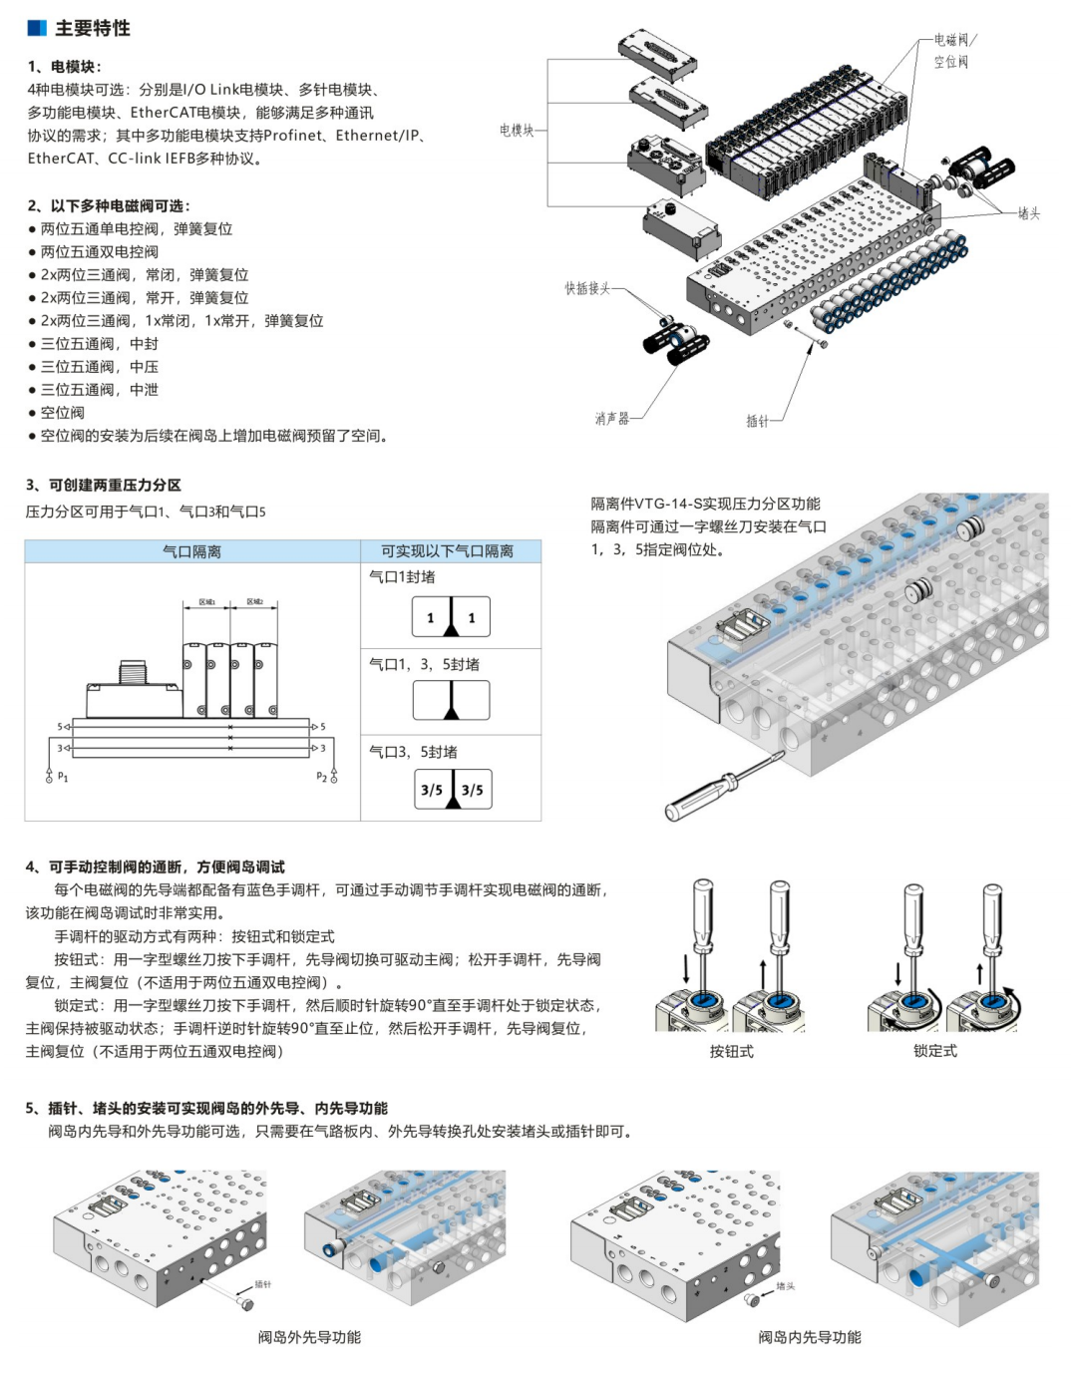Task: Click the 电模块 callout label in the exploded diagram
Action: pos(517,130)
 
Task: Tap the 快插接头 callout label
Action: pos(587,288)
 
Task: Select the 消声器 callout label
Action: pos(612,419)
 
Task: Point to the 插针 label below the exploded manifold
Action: pos(758,421)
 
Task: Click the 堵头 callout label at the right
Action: pos(1028,213)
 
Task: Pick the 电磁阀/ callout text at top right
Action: pos(955,40)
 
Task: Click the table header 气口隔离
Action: pos(191,551)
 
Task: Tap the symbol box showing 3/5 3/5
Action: pos(452,790)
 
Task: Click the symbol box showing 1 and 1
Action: pos(451,617)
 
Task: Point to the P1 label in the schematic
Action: pos(63,777)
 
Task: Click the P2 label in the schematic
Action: pos(321,777)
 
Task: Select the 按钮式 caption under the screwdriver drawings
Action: pos(731,1051)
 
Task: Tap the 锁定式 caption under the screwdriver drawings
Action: pos(934,1051)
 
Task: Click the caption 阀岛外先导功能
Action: pos(309,1337)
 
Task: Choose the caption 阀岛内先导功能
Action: pos(809,1337)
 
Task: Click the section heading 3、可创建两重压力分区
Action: pos(104,486)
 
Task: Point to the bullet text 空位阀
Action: pos(62,413)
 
